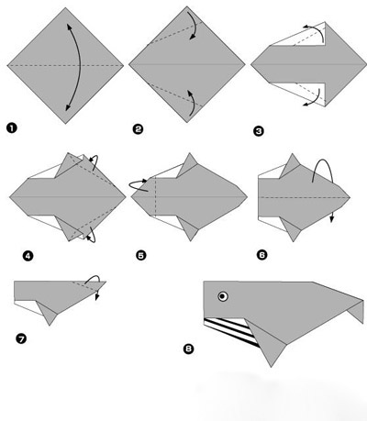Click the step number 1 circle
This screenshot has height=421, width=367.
(x=12, y=128)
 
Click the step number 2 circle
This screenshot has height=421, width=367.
(x=138, y=129)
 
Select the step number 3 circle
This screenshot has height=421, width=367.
(x=259, y=131)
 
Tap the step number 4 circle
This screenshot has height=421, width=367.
(x=28, y=256)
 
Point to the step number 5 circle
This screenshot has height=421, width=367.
(x=141, y=255)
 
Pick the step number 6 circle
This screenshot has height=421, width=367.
(x=262, y=255)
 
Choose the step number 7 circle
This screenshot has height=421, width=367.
(x=21, y=338)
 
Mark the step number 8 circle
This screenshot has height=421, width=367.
(x=189, y=349)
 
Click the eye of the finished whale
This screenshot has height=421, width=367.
(x=223, y=296)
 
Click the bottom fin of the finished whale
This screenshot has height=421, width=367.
(x=267, y=343)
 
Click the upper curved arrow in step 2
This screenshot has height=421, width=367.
(x=195, y=25)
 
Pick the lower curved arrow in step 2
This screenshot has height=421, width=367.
(x=194, y=103)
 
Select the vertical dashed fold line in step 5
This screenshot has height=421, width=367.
(x=155, y=197)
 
